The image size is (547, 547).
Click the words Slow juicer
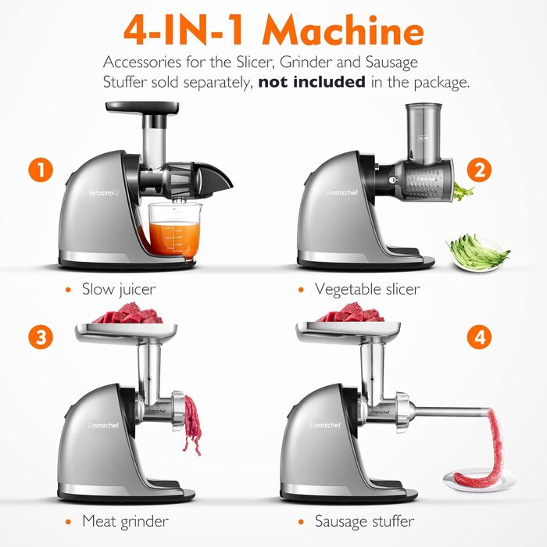pyautogui.click(x=119, y=289)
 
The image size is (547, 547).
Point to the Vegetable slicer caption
pyautogui.click(x=366, y=289)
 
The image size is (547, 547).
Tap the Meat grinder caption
pyautogui.click(x=125, y=520)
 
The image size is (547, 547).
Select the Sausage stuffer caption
pyautogui.click(x=364, y=520)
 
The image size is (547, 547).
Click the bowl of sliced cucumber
pyautogui.click(x=477, y=253)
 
